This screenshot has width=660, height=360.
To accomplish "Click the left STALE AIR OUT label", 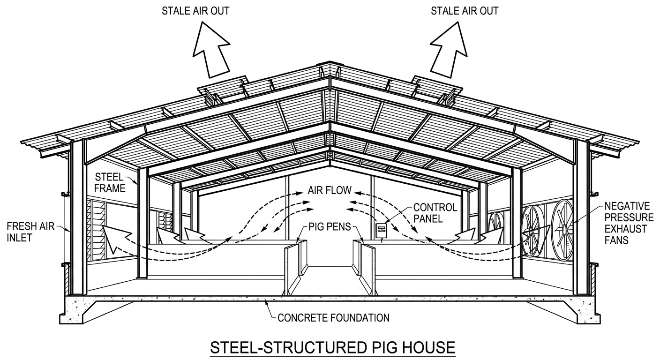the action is (195, 11).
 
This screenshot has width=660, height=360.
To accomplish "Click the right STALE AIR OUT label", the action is (465, 11).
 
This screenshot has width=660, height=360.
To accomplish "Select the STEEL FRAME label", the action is (110, 183).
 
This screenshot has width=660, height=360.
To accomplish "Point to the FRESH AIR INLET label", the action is (30, 232).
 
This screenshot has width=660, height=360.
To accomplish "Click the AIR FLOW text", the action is (330, 190).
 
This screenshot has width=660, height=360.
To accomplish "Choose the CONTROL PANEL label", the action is (435, 213).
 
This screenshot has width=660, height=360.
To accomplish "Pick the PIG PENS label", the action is (330, 226).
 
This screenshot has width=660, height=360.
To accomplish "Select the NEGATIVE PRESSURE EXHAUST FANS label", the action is (629, 223).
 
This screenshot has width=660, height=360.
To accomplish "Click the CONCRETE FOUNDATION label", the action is (334, 317).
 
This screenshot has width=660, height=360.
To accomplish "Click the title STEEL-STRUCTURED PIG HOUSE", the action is (333, 348).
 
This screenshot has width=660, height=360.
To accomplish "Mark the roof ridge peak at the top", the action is (330, 63).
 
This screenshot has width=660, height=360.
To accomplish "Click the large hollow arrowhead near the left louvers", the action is (115, 237).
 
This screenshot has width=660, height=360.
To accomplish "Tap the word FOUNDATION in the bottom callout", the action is (359, 317).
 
